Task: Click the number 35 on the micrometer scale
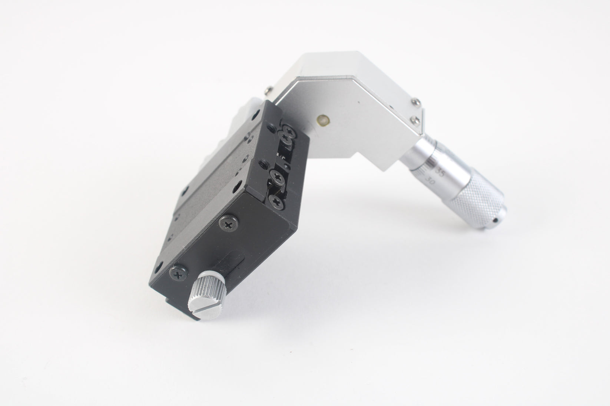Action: click(441, 172)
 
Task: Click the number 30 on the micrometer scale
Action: click(430, 181)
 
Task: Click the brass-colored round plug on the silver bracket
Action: click(324, 119)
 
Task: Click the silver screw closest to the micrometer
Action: click(416, 119)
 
